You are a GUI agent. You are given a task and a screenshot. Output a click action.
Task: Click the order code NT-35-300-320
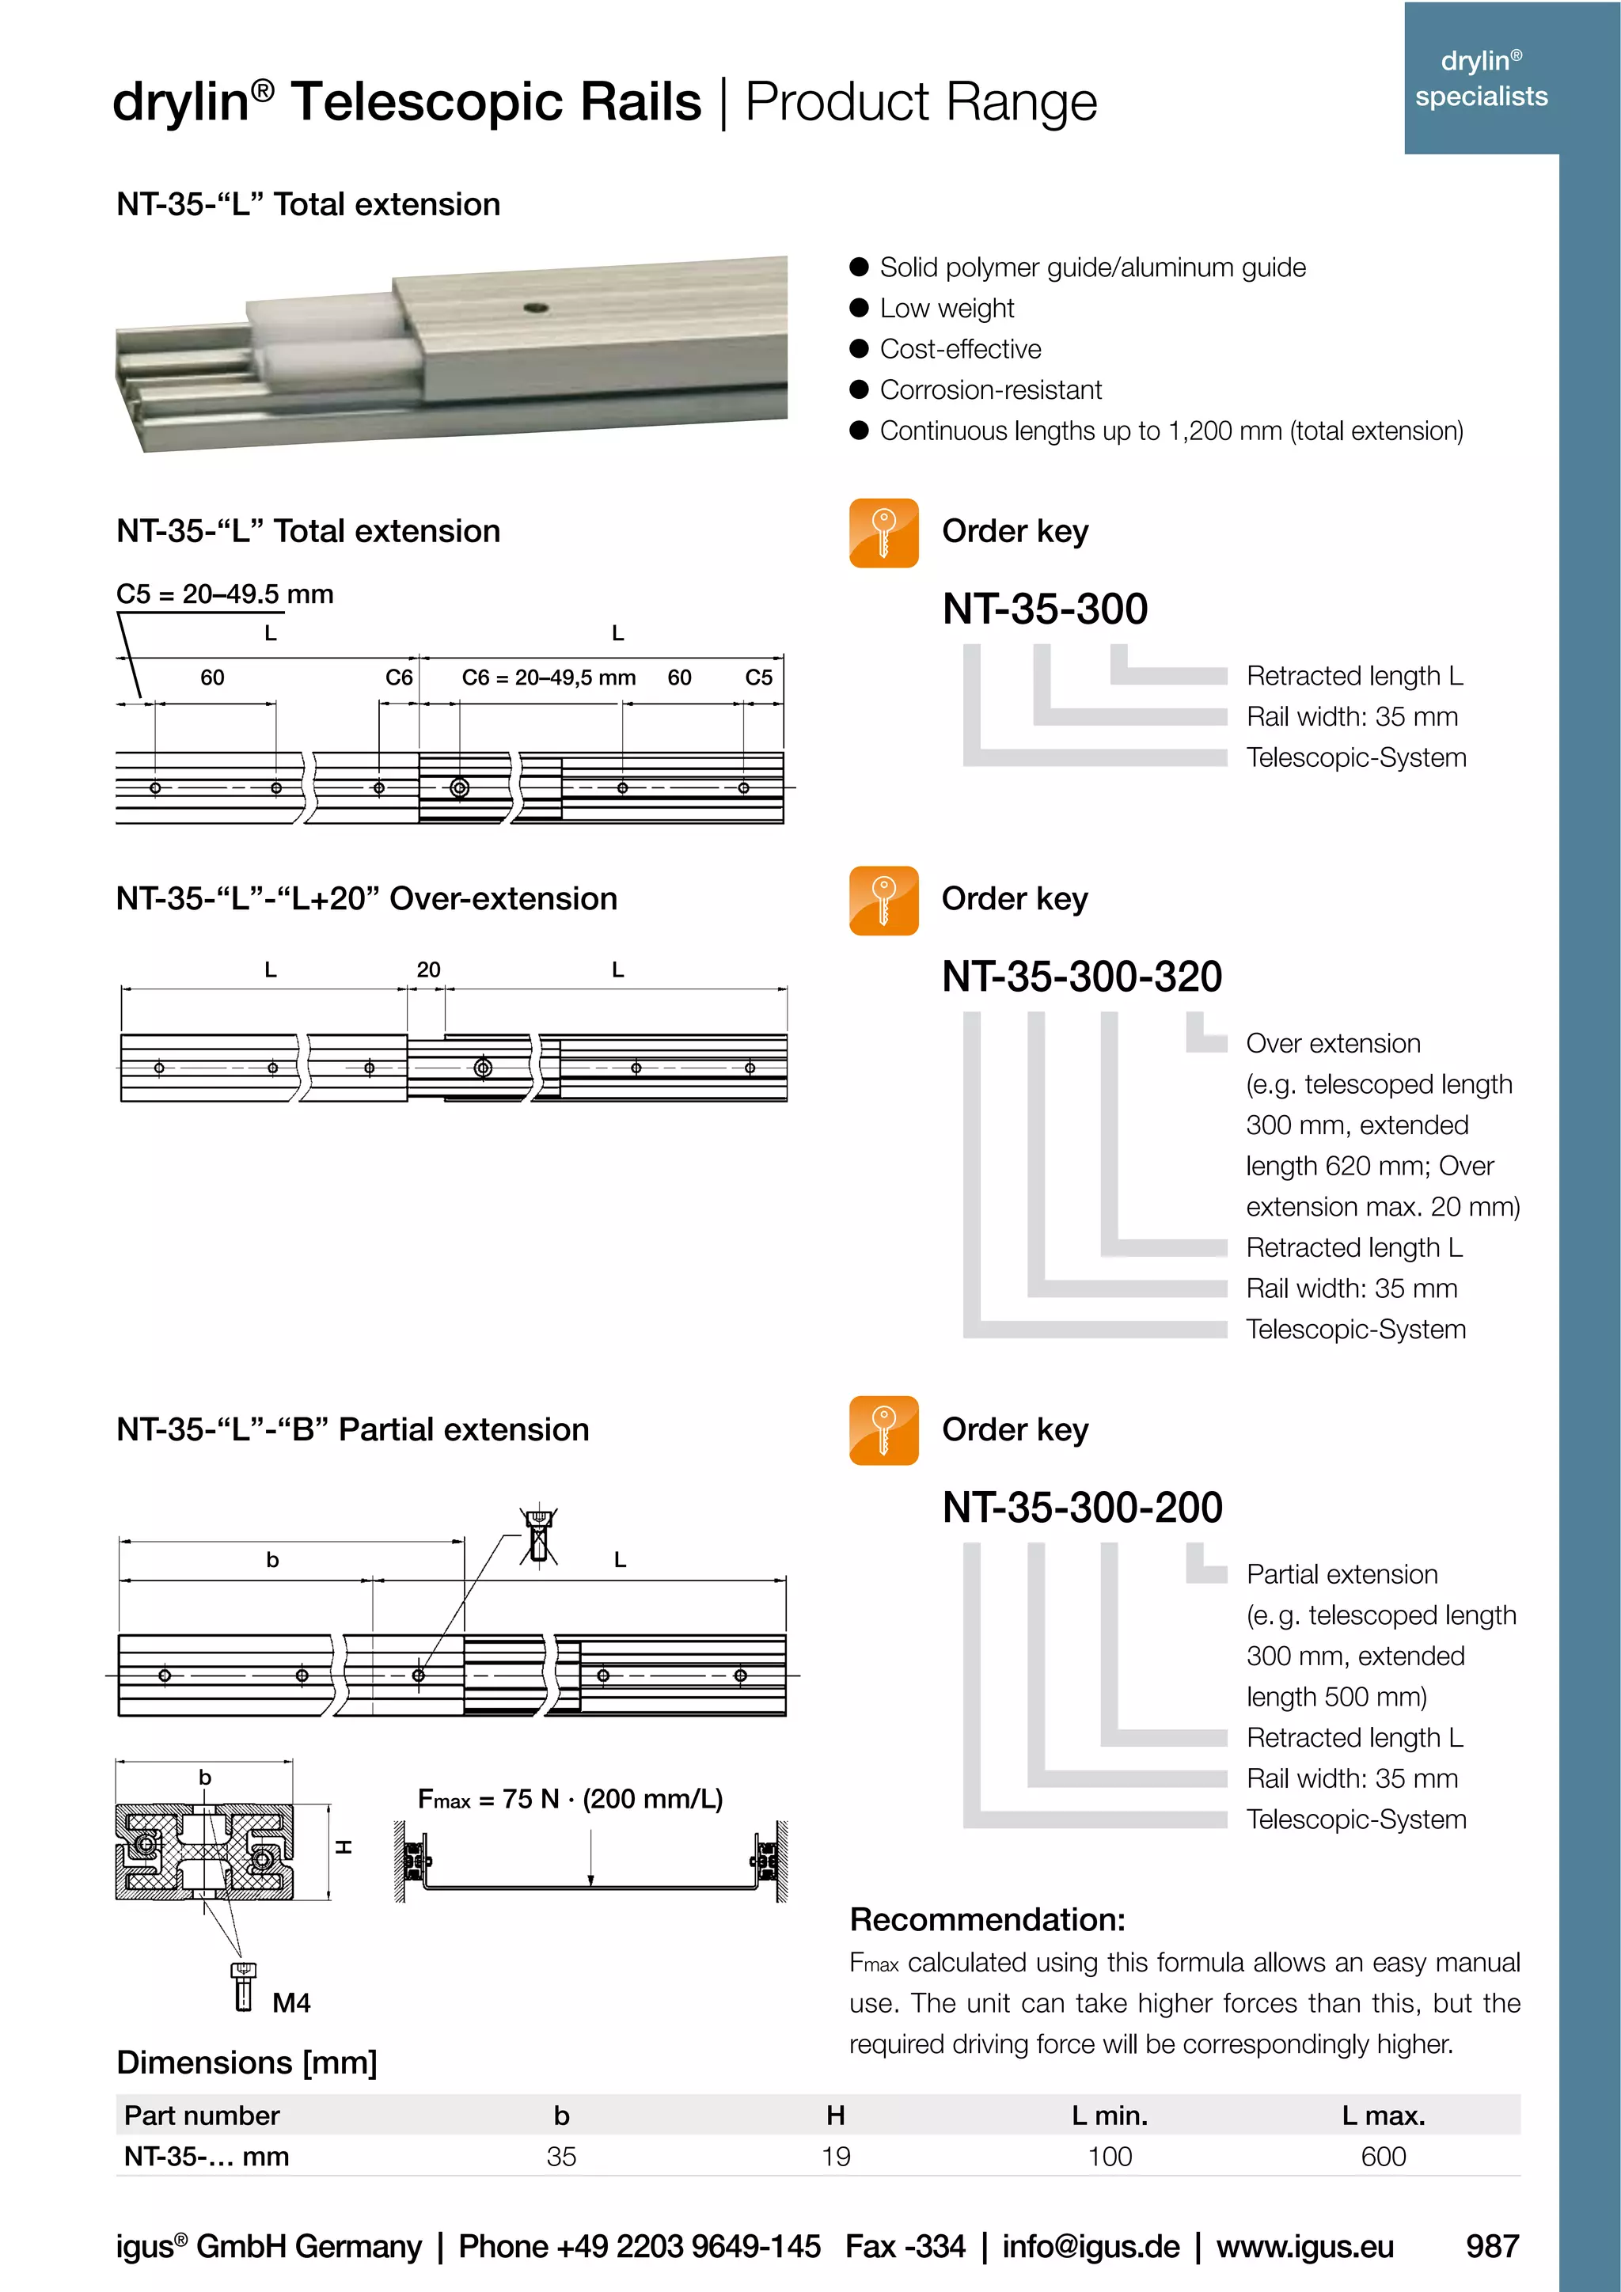1081,977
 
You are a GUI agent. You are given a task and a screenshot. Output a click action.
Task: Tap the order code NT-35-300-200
1081,1508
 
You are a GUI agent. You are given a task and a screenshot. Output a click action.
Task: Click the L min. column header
1109,2116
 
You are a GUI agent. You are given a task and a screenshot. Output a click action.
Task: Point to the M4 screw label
290,2002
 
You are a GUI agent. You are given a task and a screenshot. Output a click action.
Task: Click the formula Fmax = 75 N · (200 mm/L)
570,1799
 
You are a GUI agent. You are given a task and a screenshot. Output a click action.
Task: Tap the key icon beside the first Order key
883,533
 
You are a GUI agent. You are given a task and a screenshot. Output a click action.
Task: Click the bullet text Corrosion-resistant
990,390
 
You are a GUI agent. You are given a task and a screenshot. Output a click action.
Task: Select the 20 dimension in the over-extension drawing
428,970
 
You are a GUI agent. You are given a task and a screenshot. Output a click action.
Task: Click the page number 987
1491,2246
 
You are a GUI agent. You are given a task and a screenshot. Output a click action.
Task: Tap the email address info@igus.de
1090,2246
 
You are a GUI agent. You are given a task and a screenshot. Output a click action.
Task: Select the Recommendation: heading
986,1920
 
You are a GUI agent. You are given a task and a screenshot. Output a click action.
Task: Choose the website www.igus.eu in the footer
1304,2246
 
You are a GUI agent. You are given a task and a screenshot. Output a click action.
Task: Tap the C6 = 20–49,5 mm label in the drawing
548,677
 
